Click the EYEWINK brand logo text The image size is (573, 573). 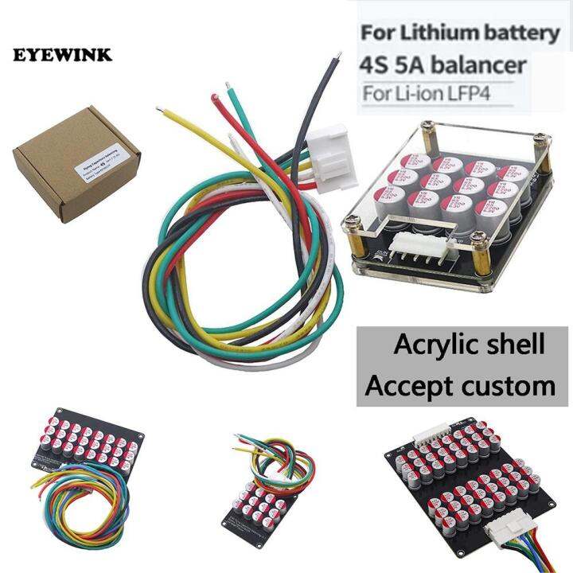[x=62, y=56]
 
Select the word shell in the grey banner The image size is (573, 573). [x=516, y=345]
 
